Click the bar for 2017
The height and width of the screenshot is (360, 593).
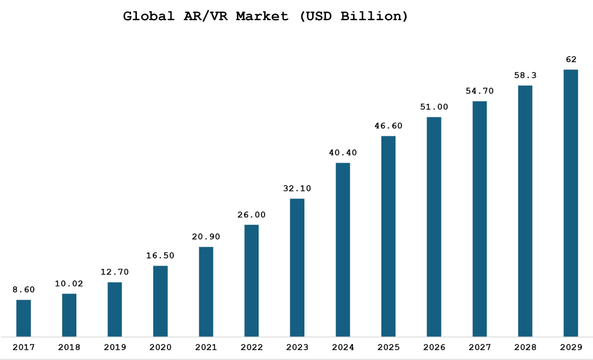pyautogui.click(x=23, y=318)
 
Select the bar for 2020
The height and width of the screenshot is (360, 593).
pyautogui.click(x=160, y=301)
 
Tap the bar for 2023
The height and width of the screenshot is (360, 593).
pyautogui.click(x=297, y=267)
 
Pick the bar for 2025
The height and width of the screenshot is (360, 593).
pyautogui.click(x=388, y=236)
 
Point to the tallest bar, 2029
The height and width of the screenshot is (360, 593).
pyautogui.click(x=571, y=203)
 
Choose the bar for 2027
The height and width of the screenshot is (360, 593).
pyautogui.click(x=480, y=219)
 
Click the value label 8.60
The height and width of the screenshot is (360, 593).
pyautogui.click(x=23, y=290)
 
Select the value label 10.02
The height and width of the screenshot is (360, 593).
pyautogui.click(x=69, y=284)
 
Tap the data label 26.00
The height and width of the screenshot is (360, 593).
pyautogui.click(x=251, y=215)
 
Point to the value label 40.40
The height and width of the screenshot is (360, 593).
pyautogui.click(x=343, y=153)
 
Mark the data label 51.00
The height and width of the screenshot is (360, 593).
pyautogui.click(x=434, y=107)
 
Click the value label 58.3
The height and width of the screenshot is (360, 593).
pyautogui.click(x=525, y=75)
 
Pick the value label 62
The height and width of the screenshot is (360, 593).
pyautogui.click(x=571, y=59)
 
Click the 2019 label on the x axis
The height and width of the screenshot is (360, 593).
pyautogui.click(x=115, y=347)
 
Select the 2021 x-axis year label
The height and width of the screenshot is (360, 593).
pyautogui.click(x=206, y=347)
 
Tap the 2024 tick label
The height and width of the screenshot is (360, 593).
pyautogui.click(x=343, y=347)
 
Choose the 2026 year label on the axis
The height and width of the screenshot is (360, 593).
pyautogui.click(x=434, y=347)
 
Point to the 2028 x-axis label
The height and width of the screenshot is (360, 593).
pyautogui.click(x=525, y=347)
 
